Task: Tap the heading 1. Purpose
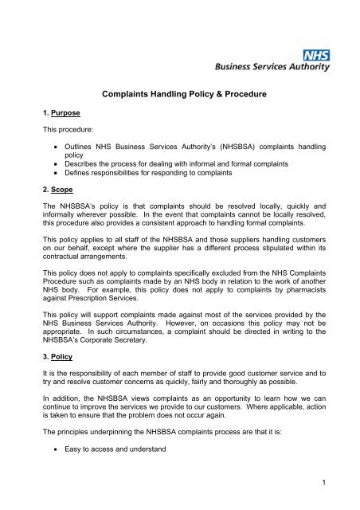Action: tap(45, 114)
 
